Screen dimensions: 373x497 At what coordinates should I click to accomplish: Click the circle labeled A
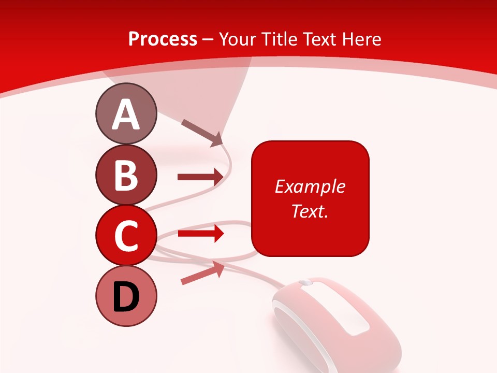click(126, 113)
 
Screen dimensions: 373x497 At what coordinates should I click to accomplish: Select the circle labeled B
click(126, 175)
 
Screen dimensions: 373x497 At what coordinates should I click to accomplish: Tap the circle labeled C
click(126, 235)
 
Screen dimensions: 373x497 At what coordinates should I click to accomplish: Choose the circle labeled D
click(126, 296)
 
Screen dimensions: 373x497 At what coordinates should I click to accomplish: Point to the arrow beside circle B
click(200, 177)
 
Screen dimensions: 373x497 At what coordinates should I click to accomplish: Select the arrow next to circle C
click(200, 234)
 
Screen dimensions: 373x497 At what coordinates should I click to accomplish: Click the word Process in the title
click(163, 39)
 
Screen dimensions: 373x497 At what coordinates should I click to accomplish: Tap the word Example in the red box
click(310, 187)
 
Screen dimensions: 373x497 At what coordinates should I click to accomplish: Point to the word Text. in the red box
click(310, 211)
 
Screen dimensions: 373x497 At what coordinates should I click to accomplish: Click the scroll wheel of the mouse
click(305, 282)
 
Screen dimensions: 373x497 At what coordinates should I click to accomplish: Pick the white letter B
click(126, 175)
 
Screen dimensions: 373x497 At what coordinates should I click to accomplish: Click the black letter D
click(126, 297)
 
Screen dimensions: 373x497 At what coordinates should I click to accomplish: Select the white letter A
click(126, 114)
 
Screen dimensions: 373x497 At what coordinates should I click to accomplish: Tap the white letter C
click(126, 236)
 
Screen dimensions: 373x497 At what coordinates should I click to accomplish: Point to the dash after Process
click(208, 39)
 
